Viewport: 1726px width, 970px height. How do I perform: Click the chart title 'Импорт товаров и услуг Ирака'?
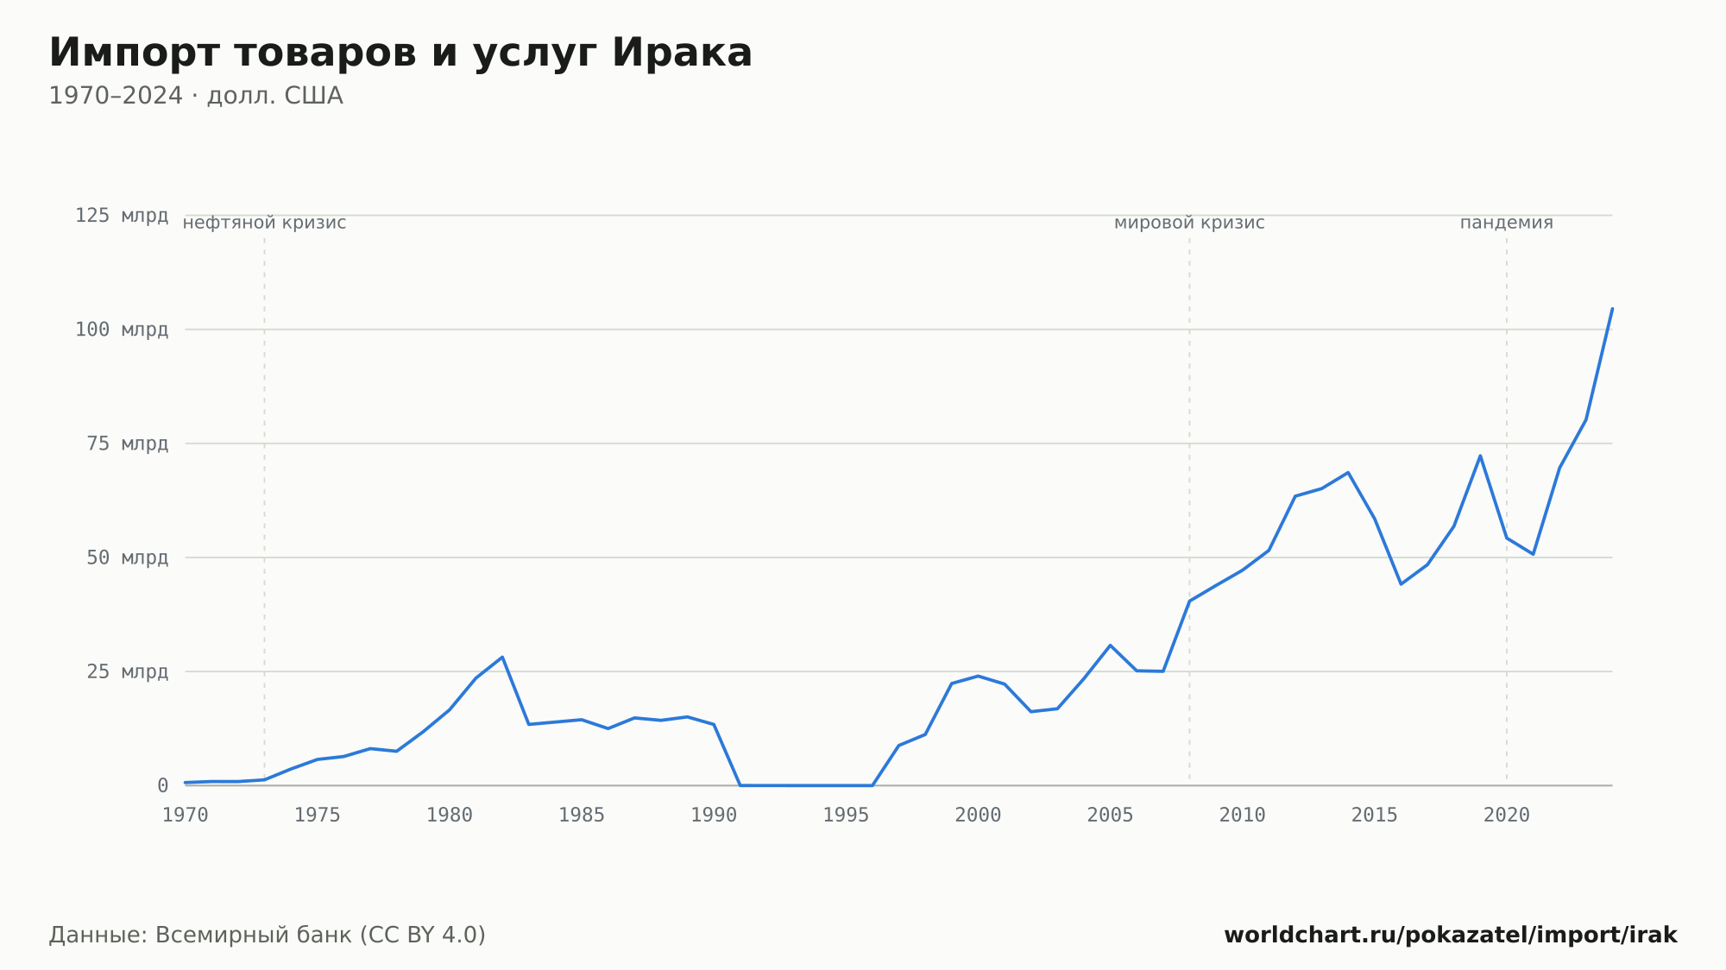click(400, 54)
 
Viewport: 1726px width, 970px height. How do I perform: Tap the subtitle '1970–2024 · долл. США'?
click(196, 96)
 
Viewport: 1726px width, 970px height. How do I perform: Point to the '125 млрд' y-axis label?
click(122, 216)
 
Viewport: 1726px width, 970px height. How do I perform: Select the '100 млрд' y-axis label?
click(122, 330)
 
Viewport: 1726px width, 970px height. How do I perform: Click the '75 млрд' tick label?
click(128, 444)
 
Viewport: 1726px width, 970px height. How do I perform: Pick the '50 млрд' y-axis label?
click(128, 557)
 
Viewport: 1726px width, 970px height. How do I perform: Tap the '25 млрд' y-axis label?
click(128, 671)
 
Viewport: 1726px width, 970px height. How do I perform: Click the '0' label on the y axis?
click(163, 785)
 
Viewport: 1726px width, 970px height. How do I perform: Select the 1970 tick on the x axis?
click(186, 816)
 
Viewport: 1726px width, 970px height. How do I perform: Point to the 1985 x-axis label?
click(582, 816)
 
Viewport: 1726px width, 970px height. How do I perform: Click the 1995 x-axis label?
click(846, 816)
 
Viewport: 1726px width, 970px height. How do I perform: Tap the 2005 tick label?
click(1110, 816)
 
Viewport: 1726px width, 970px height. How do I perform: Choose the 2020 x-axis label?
click(1507, 816)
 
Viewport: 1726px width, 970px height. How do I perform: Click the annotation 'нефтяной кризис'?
click(264, 223)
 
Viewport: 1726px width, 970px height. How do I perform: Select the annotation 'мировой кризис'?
click(1189, 223)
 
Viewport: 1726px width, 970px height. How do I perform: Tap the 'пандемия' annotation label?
click(1507, 223)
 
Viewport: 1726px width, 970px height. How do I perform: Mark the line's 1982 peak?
click(502, 657)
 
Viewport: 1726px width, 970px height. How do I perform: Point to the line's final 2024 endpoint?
click(1612, 308)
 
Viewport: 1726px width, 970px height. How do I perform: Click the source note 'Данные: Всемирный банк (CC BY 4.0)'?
click(268, 935)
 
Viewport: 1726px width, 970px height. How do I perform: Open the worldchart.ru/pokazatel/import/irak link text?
click(1451, 935)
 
